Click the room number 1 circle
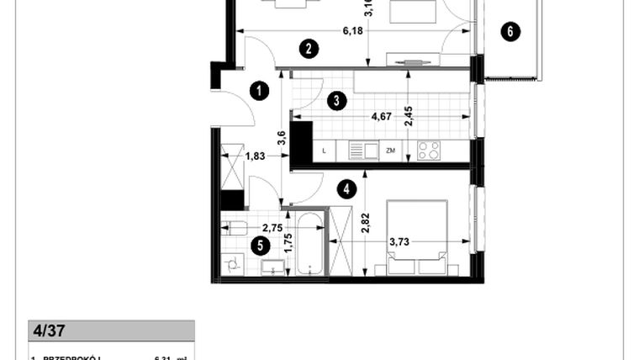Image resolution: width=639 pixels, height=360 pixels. coord(261,90)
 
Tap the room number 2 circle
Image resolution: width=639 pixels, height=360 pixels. coord(310,49)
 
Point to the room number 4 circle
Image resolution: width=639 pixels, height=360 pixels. coord(346,190)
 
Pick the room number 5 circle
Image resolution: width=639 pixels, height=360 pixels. coord(261,246)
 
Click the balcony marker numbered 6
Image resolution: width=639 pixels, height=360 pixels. coord(510,33)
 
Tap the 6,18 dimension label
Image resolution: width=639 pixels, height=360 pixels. coord(353,31)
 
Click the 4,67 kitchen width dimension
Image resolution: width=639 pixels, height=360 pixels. coord(383,118)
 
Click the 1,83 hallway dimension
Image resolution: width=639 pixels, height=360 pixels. coord(256,155)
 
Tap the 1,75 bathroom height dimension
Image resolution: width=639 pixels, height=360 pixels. coord(288,242)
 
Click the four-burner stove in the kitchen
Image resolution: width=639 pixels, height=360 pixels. coord(430,151)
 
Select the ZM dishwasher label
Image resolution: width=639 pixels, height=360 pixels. coord(390,151)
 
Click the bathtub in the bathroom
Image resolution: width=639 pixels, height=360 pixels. coord(311,245)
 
